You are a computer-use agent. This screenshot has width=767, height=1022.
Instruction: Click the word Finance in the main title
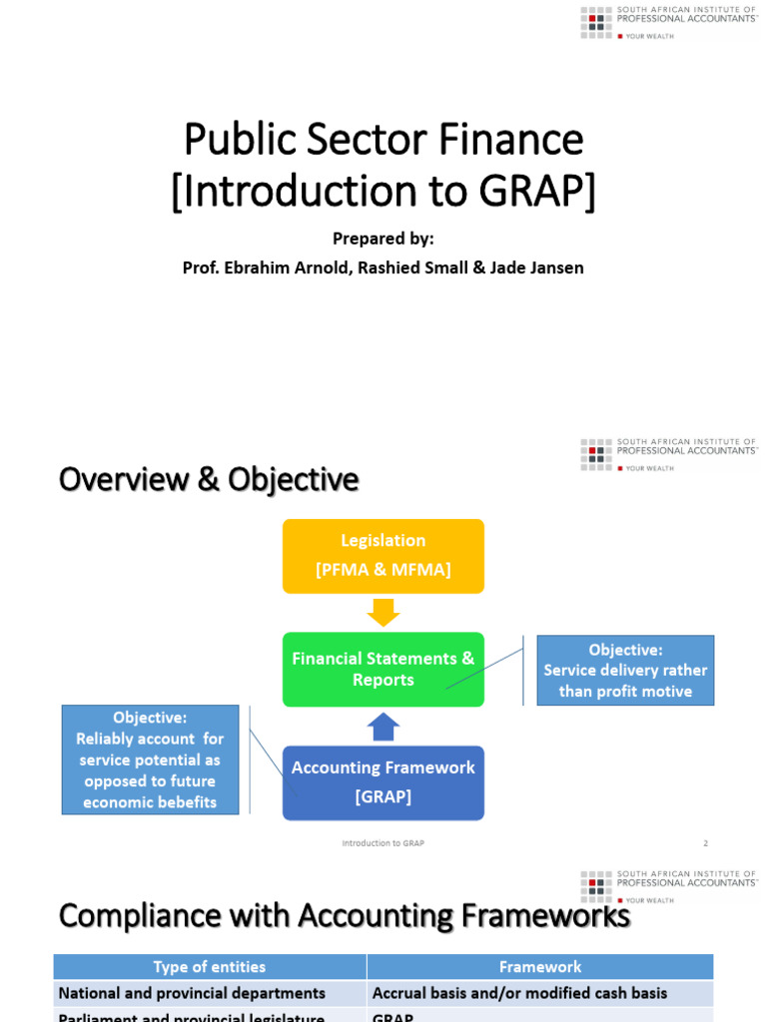tap(514, 139)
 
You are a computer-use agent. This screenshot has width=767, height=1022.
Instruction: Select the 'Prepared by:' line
tap(383, 239)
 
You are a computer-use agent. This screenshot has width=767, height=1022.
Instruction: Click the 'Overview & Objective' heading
tap(209, 479)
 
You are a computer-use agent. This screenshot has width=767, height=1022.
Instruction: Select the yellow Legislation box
tap(383, 555)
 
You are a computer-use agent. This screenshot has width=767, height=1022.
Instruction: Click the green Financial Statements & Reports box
tap(383, 670)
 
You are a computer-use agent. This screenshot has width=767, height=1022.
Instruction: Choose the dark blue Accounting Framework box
tap(383, 782)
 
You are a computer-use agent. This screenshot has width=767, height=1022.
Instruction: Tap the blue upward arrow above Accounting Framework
tap(383, 727)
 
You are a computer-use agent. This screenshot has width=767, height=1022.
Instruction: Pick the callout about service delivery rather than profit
tap(625, 671)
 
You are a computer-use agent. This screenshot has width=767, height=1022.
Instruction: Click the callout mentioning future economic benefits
tap(150, 760)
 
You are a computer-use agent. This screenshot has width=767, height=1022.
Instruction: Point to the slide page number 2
tap(705, 843)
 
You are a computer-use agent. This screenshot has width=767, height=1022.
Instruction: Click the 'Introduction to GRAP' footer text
tap(383, 843)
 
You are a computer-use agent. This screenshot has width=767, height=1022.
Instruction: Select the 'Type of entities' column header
tap(210, 966)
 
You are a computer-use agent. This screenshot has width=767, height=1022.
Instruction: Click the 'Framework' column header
tap(539, 966)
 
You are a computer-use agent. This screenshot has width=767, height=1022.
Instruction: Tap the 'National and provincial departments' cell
tap(192, 993)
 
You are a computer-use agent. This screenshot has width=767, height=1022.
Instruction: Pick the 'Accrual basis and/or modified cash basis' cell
tap(519, 993)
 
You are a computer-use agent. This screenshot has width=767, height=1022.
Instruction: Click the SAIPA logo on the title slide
tap(668, 22)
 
